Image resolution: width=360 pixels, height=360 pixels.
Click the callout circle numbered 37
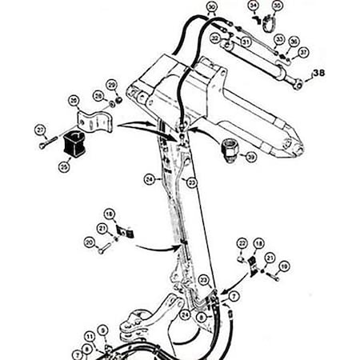[x=302, y=52]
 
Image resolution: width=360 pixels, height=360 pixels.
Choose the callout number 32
[x=215, y=37]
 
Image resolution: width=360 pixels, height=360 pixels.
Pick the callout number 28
[x=98, y=96]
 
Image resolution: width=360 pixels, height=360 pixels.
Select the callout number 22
[x=242, y=242]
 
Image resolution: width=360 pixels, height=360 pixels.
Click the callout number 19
[x=286, y=265]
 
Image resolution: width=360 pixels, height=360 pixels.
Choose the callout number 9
[x=102, y=329]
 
